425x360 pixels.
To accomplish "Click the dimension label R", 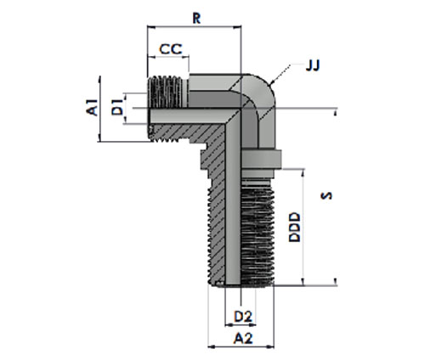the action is point(196,19).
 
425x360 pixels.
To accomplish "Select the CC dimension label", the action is point(171,49).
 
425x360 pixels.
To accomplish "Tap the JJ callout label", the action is point(313,65).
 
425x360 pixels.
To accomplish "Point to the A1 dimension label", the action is point(92,107).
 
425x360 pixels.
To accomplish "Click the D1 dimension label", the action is point(117,107).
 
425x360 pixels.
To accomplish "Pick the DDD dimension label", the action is point(294,228).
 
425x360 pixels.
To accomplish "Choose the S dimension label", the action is point(326,195).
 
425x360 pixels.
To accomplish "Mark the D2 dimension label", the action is point(243,317).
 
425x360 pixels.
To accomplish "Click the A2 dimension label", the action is point(243,338).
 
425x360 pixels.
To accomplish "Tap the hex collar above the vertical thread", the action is point(261,159).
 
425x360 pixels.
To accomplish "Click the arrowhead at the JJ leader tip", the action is point(271,83).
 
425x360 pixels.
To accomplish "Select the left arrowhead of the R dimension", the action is point(150,27).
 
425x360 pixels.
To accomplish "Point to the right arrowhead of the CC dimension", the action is point(186,57).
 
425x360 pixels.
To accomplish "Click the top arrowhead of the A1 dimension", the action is point(99,79).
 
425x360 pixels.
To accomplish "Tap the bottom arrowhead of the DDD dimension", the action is point(303,282).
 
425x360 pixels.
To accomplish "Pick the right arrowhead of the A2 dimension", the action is point(270,346).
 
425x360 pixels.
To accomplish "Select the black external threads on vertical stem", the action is point(258,235).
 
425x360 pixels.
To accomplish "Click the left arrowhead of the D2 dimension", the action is point(229,325).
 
